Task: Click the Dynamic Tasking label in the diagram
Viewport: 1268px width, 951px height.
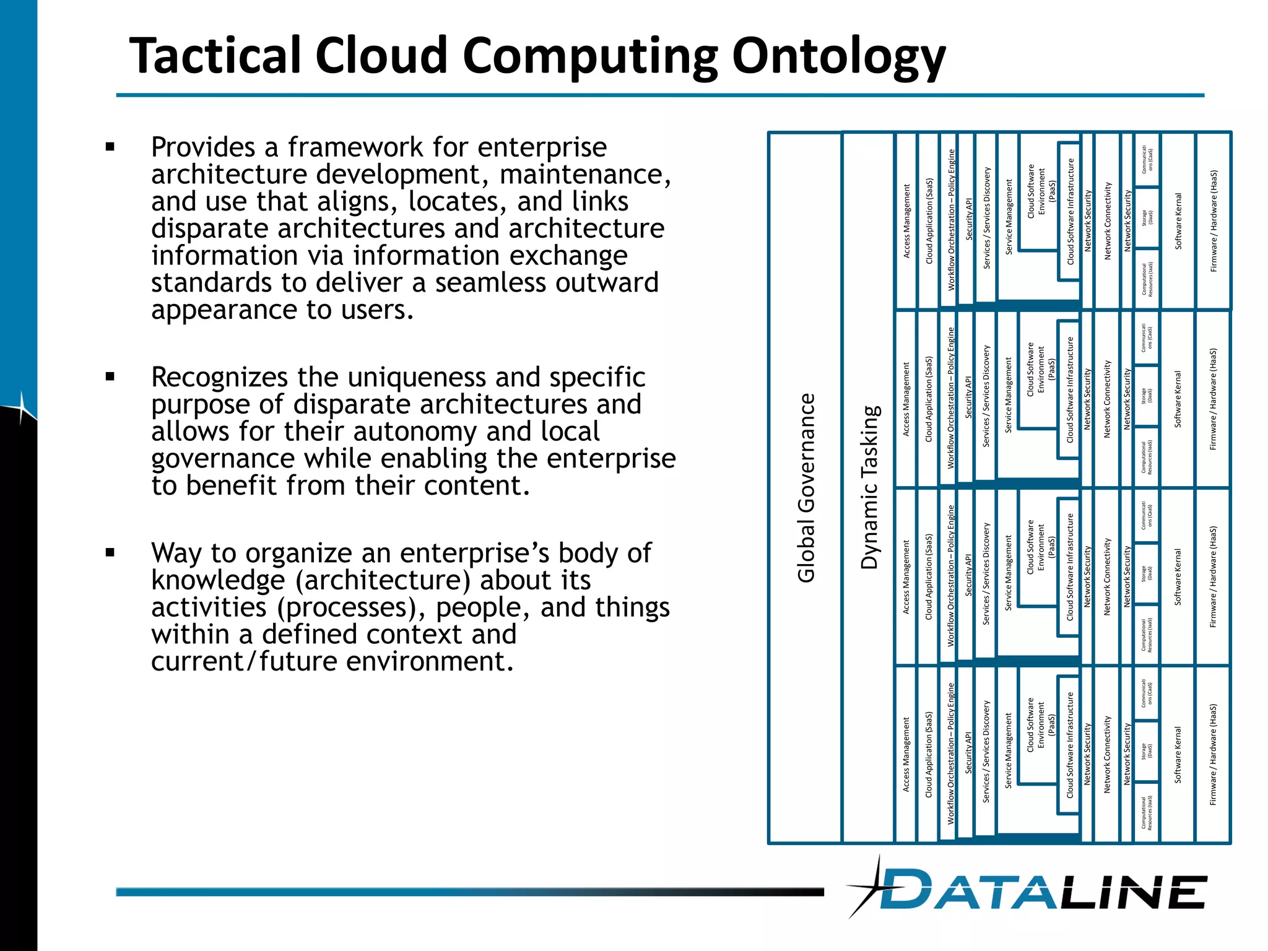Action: tap(870, 488)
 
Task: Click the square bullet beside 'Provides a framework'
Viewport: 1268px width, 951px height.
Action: tap(110, 147)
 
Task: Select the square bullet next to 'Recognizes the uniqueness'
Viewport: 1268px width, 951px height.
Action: tap(110, 376)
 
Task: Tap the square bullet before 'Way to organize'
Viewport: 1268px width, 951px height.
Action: tap(110, 552)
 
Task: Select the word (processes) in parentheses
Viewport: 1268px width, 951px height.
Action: tap(351, 607)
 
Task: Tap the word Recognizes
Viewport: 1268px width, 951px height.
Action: tap(219, 377)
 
